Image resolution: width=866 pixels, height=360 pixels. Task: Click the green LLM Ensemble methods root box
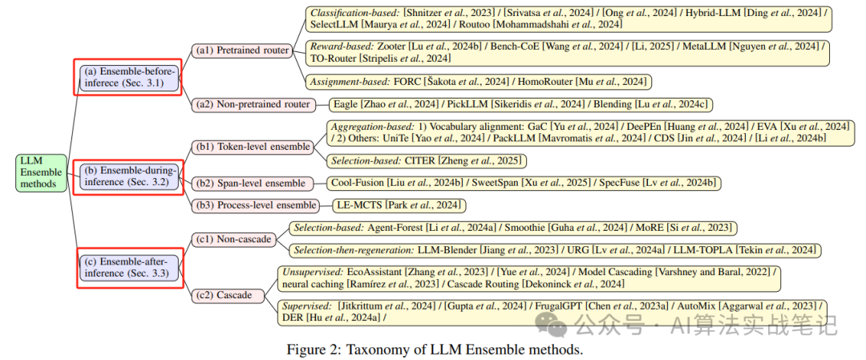40,172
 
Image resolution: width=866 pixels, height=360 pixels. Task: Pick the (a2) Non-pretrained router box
252,104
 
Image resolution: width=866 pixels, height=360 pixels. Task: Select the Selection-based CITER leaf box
427,161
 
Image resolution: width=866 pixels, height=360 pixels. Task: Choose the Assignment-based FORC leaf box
479,82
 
